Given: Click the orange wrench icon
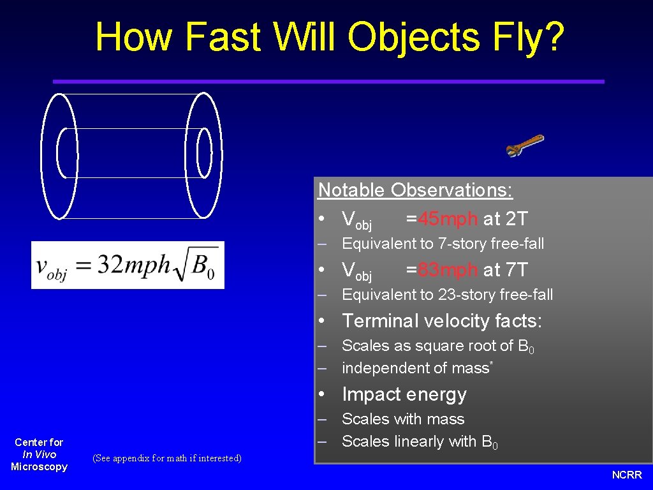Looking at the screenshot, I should tap(524, 146).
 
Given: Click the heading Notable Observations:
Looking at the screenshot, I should tap(415, 190).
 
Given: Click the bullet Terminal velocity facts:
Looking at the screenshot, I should tap(441, 321).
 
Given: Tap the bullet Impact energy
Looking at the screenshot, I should tap(404, 394).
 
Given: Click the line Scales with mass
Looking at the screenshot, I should tap(403, 419).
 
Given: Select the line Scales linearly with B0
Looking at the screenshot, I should tap(420, 442).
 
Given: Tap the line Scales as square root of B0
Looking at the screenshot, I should tap(437, 346).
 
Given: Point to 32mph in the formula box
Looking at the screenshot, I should tap(134, 265).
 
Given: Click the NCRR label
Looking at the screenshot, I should tap(627, 475).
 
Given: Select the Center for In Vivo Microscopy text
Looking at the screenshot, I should tap(39, 454).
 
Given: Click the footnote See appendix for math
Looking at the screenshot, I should tap(167, 458).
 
